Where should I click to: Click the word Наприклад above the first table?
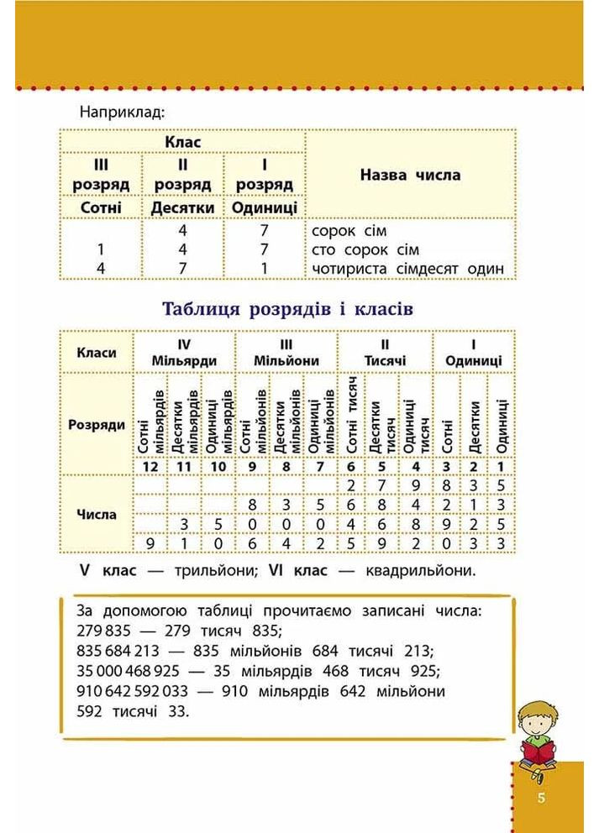tap(123, 111)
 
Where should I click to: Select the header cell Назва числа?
tap(410, 176)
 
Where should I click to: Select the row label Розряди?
tap(96, 425)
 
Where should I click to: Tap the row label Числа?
tap(96, 513)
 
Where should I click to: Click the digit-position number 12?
tap(151, 467)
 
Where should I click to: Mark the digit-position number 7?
tap(319, 467)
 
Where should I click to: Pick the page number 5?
tap(543, 797)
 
